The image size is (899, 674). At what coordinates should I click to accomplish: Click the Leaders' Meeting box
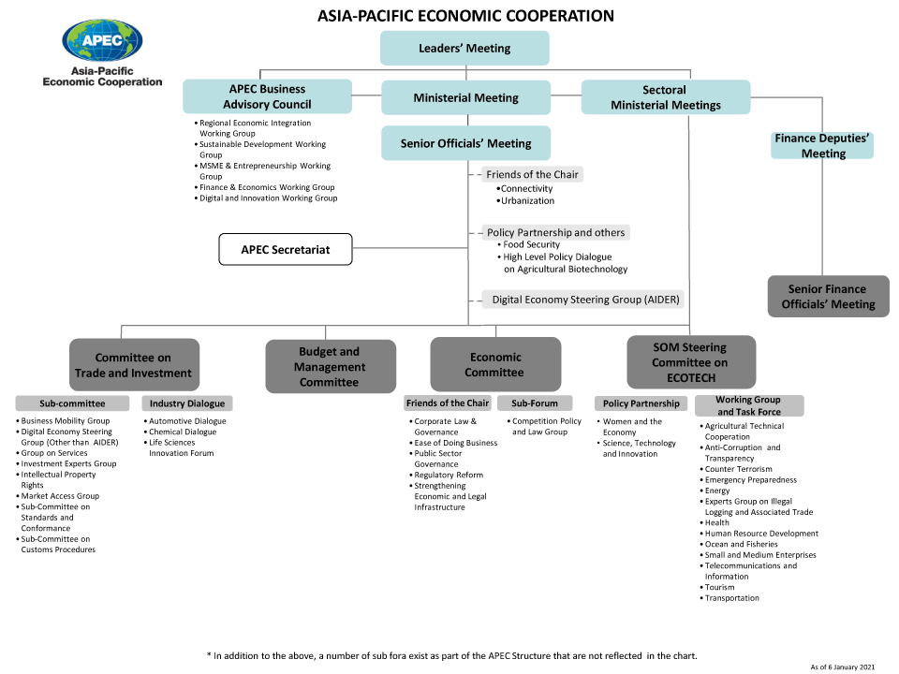[464, 48]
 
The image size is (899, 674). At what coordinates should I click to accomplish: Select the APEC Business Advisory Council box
[267, 96]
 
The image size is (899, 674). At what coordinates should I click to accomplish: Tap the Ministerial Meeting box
[465, 97]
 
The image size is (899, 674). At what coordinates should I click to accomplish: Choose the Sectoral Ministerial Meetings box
[665, 97]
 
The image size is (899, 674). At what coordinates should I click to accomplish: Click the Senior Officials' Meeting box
[465, 143]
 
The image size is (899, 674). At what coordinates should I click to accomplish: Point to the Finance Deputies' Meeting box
[823, 145]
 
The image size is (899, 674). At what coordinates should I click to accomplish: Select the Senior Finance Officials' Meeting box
[828, 296]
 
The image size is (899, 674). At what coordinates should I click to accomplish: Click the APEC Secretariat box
[286, 250]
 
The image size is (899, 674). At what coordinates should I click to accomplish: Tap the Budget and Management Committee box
[330, 366]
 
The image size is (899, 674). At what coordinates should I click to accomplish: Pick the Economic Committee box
[495, 364]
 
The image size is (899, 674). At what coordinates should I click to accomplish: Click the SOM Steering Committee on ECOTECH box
[689, 362]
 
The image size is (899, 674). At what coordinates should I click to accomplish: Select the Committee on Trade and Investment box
[134, 365]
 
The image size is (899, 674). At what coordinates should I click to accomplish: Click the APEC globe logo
[102, 40]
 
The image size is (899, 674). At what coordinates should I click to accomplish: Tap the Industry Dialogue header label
[187, 403]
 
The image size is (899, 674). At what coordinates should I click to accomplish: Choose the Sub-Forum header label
[535, 403]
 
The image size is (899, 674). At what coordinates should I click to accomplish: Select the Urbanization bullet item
[528, 200]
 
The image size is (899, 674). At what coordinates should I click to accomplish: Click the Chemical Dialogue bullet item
[183, 432]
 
